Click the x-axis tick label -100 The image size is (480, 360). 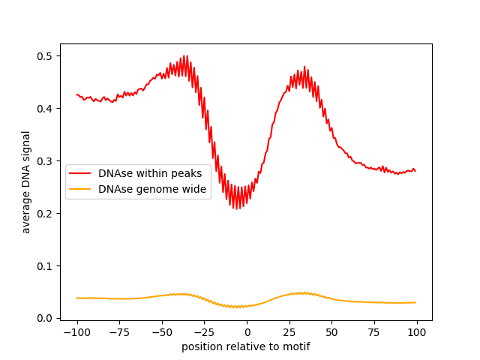coord(76,333)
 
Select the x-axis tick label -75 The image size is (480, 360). coord(119,333)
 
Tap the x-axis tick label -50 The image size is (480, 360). coord(161,333)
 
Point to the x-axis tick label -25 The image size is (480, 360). coord(204,333)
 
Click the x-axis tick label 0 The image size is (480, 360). coord(247,333)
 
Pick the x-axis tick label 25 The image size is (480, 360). coord(289,333)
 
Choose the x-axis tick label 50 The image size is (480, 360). coord(331,333)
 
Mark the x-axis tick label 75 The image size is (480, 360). coord(374,333)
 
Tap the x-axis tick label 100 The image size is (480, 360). coord(417,333)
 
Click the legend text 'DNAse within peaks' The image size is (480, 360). coord(150,174)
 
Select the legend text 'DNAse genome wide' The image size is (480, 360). coord(152,189)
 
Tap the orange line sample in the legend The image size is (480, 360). coord(81,189)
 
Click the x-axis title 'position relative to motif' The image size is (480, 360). coord(246,346)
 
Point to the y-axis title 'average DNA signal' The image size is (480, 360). coord(26,181)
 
